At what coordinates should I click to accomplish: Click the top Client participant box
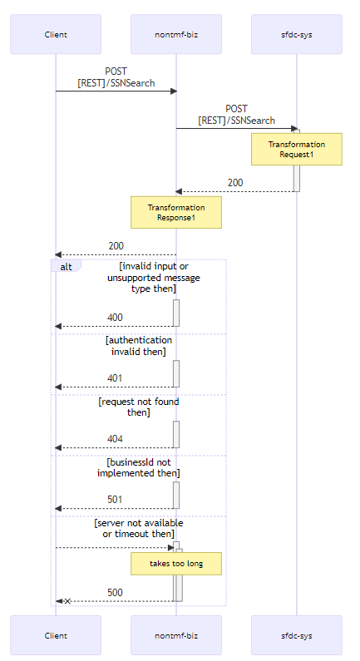56,34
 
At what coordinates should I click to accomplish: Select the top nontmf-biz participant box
176,34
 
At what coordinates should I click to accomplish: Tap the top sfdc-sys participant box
297,34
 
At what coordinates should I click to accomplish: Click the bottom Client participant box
56,635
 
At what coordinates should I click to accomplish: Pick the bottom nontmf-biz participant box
176,635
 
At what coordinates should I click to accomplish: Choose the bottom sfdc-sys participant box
297,635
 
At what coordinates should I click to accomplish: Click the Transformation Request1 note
297,150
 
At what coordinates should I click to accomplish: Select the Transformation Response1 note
176,212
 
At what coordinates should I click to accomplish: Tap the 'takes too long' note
176,564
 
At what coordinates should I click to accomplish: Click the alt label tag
66,265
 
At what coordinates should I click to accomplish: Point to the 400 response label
115,318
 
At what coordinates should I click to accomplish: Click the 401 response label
115,378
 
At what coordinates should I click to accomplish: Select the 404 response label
115,439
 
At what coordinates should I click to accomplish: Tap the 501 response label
115,500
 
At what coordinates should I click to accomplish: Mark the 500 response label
115,592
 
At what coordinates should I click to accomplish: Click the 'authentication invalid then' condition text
139,346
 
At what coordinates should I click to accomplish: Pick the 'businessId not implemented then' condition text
139,467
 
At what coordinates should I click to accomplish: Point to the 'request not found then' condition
139,407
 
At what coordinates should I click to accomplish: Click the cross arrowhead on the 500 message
67,600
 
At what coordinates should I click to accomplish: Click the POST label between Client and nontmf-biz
116,77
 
